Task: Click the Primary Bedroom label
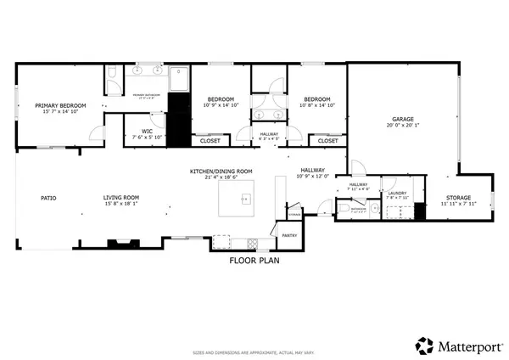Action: click(x=55, y=106)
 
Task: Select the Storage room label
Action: click(x=459, y=198)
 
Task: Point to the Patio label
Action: click(x=48, y=198)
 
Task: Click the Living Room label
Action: click(x=121, y=198)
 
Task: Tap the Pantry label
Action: click(x=288, y=236)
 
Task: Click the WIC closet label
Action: click(x=147, y=132)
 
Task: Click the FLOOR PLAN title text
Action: click(x=255, y=261)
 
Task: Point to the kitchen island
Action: click(x=240, y=200)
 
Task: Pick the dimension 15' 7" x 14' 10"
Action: click(x=55, y=112)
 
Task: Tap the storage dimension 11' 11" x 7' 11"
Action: click(x=459, y=204)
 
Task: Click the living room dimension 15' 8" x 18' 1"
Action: click(x=121, y=204)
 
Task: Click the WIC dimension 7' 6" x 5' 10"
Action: click(x=147, y=138)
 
